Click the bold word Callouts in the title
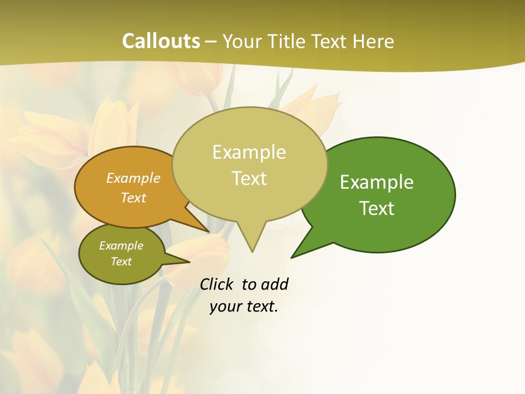click(161, 41)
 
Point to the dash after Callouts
click(211, 42)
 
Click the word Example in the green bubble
click(377, 182)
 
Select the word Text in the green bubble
click(377, 208)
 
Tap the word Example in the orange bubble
click(133, 178)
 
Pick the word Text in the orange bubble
click(133, 198)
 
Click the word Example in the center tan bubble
click(249, 152)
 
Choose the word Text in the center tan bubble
click(249, 178)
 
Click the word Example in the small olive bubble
click(121, 246)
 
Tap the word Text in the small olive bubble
click(121, 262)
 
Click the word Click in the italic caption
click(217, 285)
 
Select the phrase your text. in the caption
click(244, 307)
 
